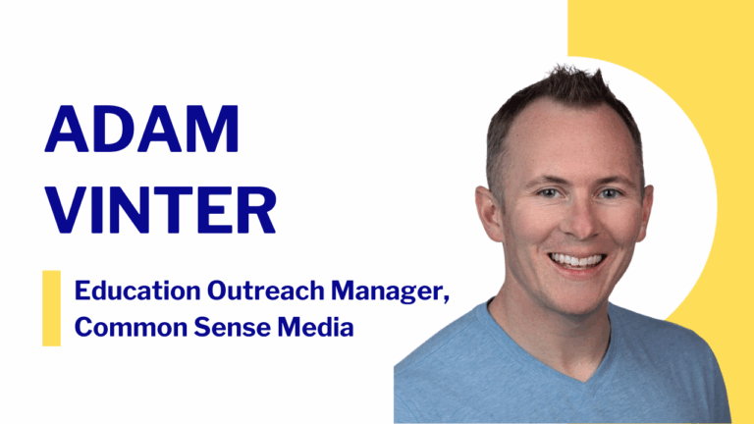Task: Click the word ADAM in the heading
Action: (141, 129)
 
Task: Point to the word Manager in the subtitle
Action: (347, 292)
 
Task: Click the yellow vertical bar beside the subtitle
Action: (51, 308)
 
